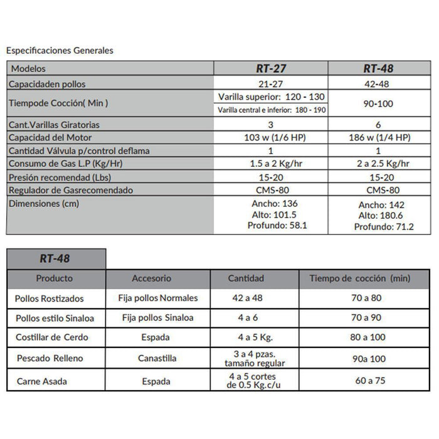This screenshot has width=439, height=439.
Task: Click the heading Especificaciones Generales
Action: point(60,51)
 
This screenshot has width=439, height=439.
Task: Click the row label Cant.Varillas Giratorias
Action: point(55,124)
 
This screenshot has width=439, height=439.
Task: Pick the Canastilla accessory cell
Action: point(157,359)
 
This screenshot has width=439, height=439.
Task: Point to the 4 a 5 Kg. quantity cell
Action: point(246,337)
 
